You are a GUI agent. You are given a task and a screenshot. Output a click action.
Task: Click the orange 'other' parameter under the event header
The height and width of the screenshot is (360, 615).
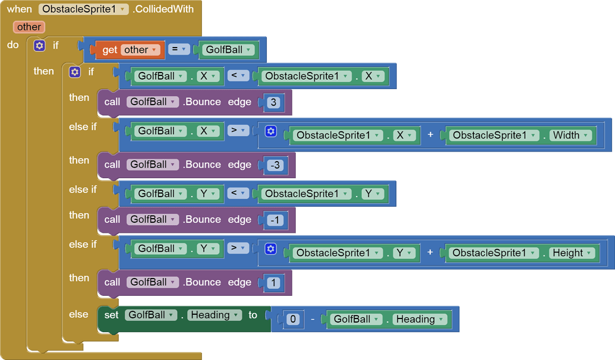click(x=29, y=27)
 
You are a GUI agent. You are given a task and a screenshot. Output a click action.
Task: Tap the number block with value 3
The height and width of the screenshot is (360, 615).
click(x=273, y=102)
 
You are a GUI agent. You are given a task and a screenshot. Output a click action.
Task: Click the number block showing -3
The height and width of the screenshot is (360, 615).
click(x=275, y=165)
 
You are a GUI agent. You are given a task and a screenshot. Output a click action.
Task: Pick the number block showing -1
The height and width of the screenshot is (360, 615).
click(x=275, y=220)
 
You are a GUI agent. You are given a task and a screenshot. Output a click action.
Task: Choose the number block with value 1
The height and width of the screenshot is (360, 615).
click(x=273, y=283)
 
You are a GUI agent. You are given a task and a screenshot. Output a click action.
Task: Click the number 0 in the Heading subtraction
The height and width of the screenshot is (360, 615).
click(x=293, y=319)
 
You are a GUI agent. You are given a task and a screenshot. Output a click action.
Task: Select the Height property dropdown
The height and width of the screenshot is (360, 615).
click(x=573, y=253)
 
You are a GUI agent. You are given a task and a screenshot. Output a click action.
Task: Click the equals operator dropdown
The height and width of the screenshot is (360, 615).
click(x=178, y=49)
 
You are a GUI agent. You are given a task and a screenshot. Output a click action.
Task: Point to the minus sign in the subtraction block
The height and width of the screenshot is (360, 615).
click(x=313, y=319)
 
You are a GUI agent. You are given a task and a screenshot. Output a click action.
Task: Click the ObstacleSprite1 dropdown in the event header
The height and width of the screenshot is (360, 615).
click(x=83, y=9)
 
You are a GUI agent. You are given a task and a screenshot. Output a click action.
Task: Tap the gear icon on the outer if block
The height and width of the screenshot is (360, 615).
click(x=39, y=45)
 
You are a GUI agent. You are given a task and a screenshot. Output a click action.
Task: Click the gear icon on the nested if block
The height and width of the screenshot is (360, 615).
click(x=75, y=72)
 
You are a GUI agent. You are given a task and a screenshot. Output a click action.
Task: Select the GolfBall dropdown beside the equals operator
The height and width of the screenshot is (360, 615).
click(x=229, y=50)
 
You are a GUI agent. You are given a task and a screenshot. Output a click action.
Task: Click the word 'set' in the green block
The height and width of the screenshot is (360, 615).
click(x=111, y=315)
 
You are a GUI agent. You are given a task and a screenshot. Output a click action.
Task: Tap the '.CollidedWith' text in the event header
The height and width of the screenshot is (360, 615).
click(x=164, y=9)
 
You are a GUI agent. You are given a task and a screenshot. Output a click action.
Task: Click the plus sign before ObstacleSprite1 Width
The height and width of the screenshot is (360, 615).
click(x=430, y=135)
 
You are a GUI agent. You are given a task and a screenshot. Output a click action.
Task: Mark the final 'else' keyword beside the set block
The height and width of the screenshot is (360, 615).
click(x=78, y=314)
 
